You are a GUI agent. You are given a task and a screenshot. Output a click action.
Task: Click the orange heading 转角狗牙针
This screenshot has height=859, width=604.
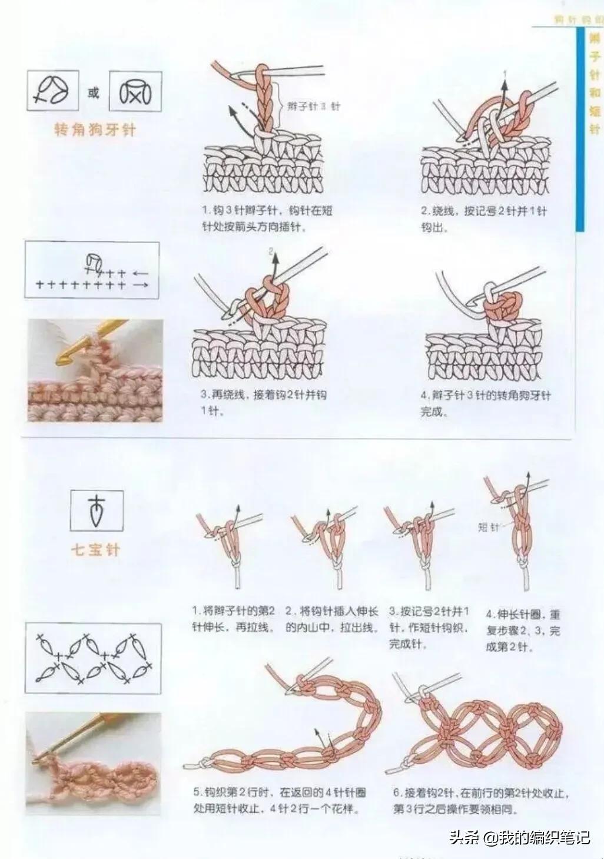coord(95,130)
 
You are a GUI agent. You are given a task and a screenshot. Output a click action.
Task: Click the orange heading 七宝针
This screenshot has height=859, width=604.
coord(95,550)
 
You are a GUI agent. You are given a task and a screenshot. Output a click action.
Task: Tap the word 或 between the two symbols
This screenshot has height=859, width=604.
coord(94,92)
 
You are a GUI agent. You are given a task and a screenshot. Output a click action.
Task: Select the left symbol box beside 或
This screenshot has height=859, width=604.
coord(53,91)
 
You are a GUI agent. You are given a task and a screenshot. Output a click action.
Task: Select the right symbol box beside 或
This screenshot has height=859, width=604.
coord(135,91)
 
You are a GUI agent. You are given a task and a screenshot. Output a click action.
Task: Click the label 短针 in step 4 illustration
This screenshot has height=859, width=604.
coord(488,528)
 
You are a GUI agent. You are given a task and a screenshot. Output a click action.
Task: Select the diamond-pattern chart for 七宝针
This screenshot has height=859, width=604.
coord(93,658)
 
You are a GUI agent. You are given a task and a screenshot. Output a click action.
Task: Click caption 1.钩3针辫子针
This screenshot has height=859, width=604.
coord(267,218)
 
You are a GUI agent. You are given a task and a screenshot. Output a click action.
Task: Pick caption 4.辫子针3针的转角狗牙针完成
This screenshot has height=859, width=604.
coord(485,403)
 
